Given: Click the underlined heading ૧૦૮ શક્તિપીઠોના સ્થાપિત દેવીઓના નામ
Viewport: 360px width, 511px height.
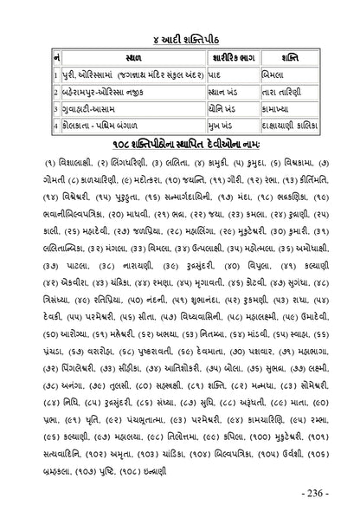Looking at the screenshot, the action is click(x=180, y=142).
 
